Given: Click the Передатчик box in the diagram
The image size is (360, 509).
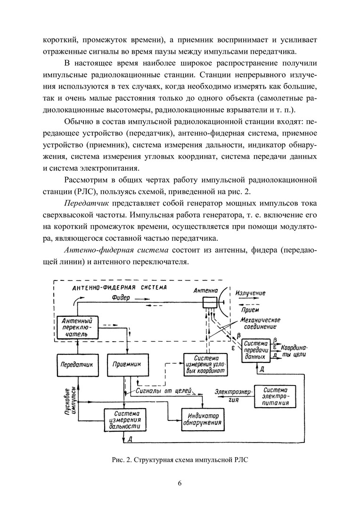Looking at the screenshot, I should click(x=75, y=364).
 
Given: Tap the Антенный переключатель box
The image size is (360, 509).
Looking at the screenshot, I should click(x=76, y=327).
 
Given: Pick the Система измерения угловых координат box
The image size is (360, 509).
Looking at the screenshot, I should click(x=203, y=364).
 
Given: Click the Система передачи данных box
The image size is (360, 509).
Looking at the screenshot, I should click(x=256, y=351).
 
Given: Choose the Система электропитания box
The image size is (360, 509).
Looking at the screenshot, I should click(x=275, y=396).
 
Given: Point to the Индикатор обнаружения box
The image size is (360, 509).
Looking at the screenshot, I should click(x=203, y=419).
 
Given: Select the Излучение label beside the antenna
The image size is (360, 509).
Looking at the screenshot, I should click(x=250, y=293).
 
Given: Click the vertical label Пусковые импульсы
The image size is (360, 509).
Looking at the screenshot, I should click(x=70, y=401).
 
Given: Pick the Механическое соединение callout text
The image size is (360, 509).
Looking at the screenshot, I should click(x=258, y=323).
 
